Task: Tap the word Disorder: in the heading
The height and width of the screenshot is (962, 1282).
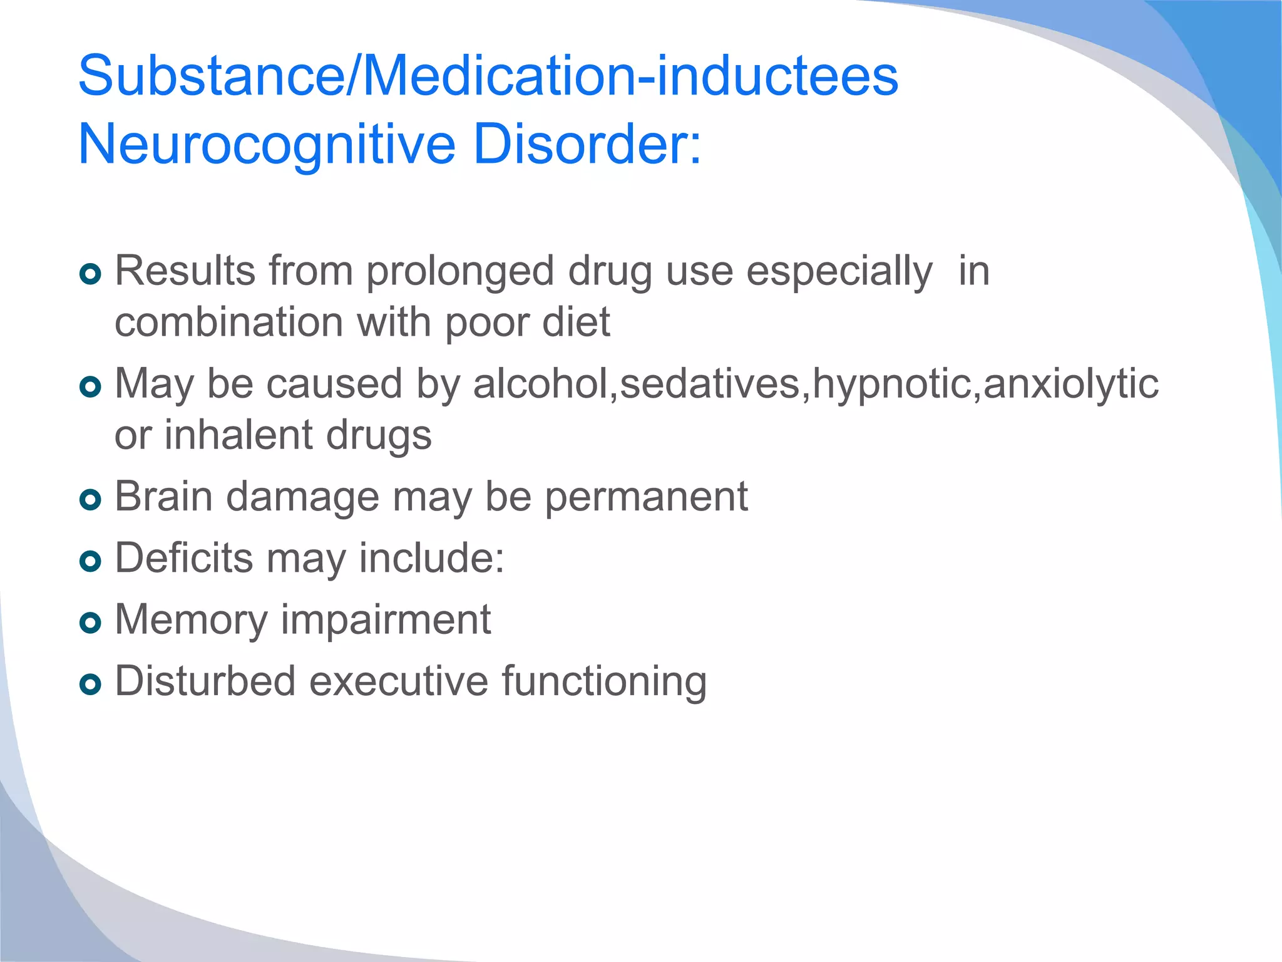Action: click(x=587, y=144)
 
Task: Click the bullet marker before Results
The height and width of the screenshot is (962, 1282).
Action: click(x=91, y=274)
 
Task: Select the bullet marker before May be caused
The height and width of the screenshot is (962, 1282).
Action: click(x=91, y=386)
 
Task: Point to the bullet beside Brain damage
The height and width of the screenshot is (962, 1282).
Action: click(x=91, y=500)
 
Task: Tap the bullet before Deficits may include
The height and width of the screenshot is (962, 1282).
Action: click(x=91, y=561)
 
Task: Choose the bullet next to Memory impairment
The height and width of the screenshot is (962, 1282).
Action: click(x=91, y=623)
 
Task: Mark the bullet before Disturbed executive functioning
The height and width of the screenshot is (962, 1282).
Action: click(x=91, y=684)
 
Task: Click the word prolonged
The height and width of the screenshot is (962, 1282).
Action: click(x=460, y=272)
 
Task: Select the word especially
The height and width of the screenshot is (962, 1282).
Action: click(x=839, y=272)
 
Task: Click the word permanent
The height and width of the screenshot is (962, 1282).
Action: click(x=646, y=497)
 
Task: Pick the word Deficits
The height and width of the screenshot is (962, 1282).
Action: click(x=184, y=558)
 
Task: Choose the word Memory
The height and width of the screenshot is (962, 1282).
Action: click(x=192, y=620)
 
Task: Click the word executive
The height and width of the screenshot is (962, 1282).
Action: click(x=398, y=681)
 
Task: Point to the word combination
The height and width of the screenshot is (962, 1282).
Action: click(x=229, y=323)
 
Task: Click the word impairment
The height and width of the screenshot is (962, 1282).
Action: click(x=386, y=620)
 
